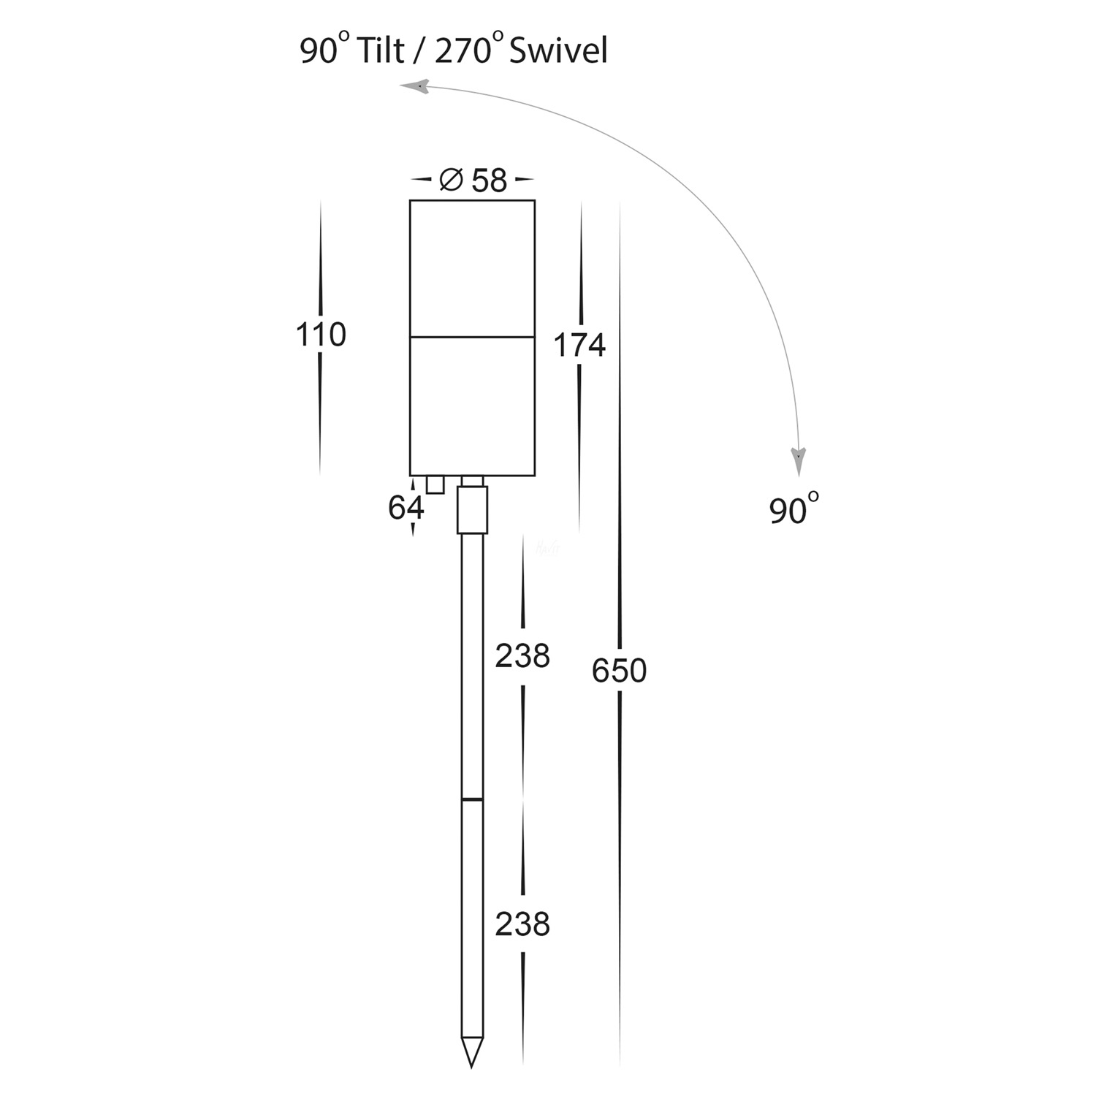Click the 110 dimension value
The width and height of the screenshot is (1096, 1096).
(x=320, y=335)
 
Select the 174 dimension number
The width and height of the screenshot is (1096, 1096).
(x=579, y=346)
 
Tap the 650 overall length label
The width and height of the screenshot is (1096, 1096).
(x=619, y=671)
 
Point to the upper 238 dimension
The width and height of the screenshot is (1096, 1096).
(x=522, y=656)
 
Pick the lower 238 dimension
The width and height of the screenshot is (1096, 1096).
(x=522, y=924)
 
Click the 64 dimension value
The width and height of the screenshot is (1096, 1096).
(x=406, y=507)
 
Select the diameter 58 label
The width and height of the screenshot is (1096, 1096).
(x=488, y=180)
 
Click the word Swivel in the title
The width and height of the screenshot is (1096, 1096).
(x=558, y=52)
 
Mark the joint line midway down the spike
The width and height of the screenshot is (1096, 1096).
(x=471, y=799)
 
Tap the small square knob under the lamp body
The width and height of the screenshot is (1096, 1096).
(x=435, y=484)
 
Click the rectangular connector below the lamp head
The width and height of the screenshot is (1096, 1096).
(x=472, y=509)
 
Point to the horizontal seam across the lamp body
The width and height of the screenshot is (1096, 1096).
(x=472, y=337)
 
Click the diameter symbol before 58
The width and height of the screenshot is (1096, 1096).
(x=451, y=179)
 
